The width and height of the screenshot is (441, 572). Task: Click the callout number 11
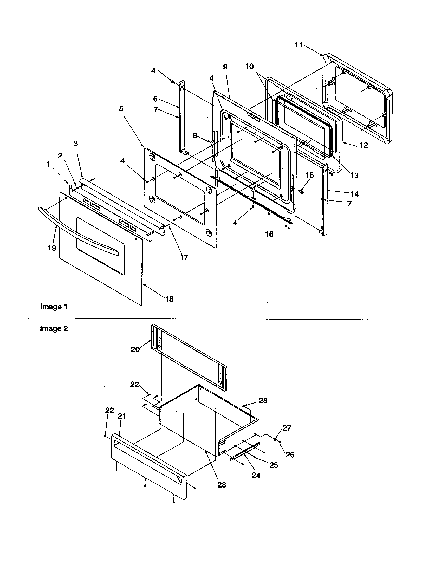(x=298, y=45)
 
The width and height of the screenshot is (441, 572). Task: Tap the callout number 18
(x=170, y=299)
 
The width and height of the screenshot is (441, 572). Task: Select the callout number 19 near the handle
(x=52, y=248)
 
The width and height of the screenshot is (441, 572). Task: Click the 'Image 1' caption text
(x=54, y=307)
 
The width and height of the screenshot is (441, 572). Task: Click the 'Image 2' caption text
(x=54, y=328)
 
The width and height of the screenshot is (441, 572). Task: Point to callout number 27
(x=287, y=428)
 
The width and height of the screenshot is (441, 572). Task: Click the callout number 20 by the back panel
(x=135, y=349)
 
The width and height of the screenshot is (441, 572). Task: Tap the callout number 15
(x=310, y=175)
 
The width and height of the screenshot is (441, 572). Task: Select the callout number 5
(x=121, y=109)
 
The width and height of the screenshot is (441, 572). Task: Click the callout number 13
(x=354, y=175)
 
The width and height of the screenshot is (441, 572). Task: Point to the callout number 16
(x=269, y=234)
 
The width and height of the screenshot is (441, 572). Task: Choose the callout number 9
(x=225, y=67)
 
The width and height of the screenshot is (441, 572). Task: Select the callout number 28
(x=263, y=401)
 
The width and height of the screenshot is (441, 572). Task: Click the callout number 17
(x=184, y=258)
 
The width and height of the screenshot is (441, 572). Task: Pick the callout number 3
(x=76, y=144)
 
